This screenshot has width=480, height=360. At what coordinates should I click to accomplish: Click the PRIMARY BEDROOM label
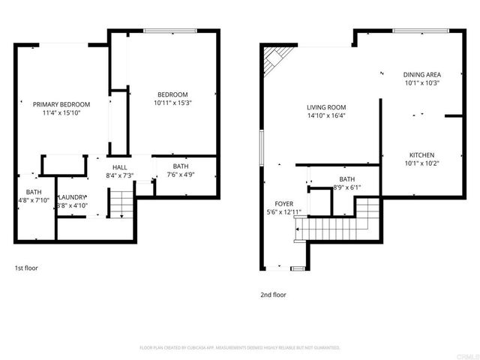coord(61,104)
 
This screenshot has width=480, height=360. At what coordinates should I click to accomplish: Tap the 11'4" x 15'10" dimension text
coord(61,113)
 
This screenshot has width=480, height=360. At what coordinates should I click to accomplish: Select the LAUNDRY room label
coord(73,197)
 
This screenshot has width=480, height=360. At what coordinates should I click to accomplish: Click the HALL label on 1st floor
coord(119,167)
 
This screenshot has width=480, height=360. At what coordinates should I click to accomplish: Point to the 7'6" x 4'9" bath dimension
coord(181,175)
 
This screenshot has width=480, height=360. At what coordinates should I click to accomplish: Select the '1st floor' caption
coord(26,268)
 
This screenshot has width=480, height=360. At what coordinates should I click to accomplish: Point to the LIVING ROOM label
coord(325,107)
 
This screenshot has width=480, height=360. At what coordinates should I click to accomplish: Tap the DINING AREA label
coord(421,75)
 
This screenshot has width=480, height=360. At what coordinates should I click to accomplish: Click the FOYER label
coord(284,203)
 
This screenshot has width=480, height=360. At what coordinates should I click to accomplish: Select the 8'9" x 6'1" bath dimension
coord(346,188)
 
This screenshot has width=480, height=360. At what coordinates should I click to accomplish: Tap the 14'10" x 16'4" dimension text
coord(325,116)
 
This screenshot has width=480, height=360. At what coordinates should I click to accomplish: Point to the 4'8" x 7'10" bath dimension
coord(34,200)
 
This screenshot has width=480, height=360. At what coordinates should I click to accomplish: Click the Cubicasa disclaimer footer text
coord(240,348)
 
